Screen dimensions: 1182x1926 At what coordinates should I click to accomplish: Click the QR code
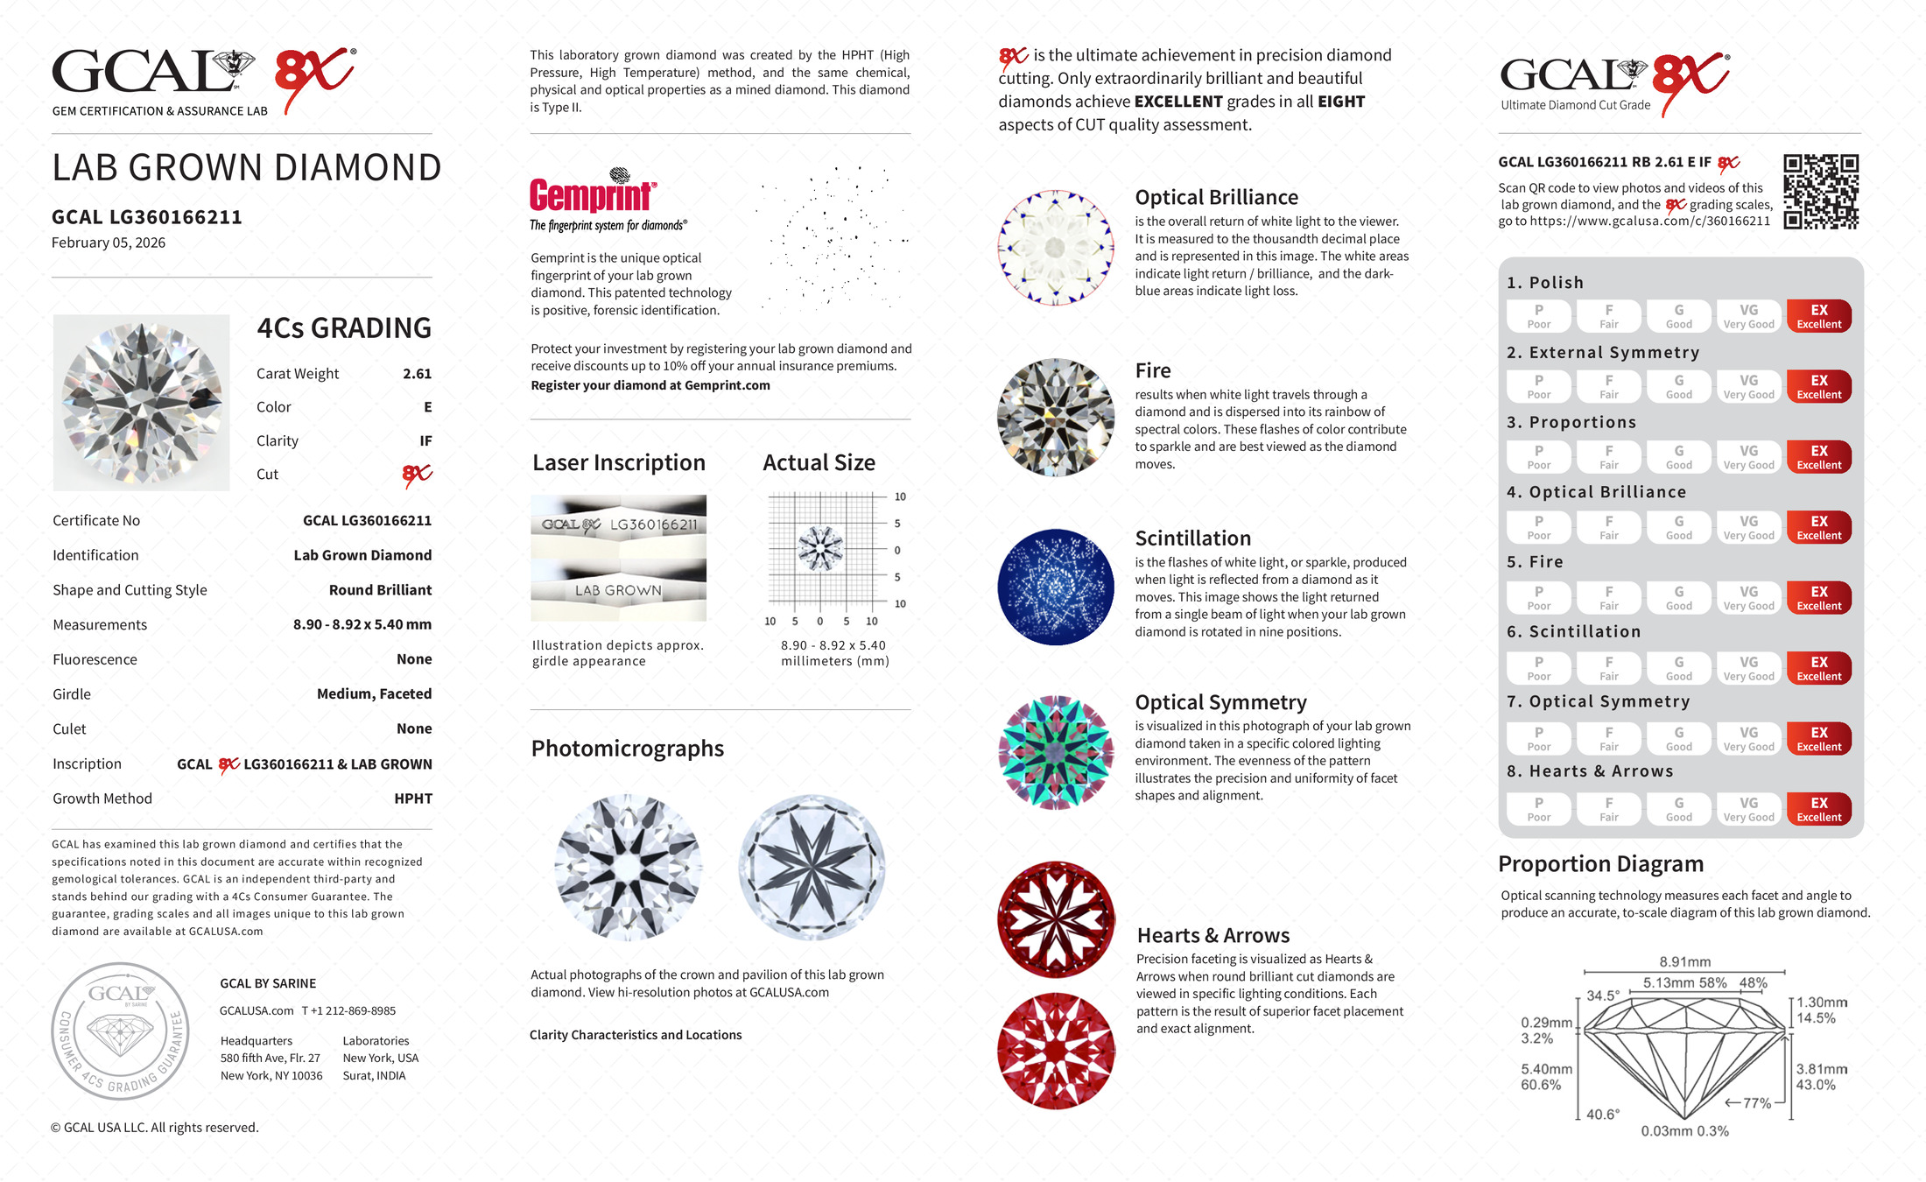(1820, 191)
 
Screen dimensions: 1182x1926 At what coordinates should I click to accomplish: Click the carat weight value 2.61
(417, 374)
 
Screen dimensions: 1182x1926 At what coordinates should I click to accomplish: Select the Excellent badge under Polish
(1818, 316)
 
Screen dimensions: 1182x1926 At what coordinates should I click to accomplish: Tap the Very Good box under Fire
(1748, 598)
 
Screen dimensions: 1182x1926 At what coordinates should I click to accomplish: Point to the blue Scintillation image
(1056, 587)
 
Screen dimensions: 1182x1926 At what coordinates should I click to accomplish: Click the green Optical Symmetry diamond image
(1056, 752)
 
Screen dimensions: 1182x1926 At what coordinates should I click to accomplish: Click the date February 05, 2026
(109, 243)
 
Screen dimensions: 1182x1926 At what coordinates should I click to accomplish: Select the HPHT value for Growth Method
(413, 799)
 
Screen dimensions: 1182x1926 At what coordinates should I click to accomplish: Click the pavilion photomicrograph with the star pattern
(812, 867)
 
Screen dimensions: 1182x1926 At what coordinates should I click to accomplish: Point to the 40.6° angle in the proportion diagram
(1602, 1115)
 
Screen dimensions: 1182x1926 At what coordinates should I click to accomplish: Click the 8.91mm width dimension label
(1684, 961)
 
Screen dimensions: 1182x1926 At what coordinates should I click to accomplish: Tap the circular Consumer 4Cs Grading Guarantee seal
(120, 1031)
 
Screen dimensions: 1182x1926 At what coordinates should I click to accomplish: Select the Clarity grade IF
(425, 441)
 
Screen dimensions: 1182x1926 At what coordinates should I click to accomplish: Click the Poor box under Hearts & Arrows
(1538, 809)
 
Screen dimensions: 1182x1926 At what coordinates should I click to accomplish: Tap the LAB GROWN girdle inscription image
(618, 590)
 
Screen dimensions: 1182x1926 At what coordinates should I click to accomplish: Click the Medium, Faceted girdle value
(374, 694)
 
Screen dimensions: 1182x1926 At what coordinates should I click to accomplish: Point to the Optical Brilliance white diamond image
(1056, 248)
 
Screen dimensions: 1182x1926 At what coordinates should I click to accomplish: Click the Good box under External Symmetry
(1678, 387)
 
